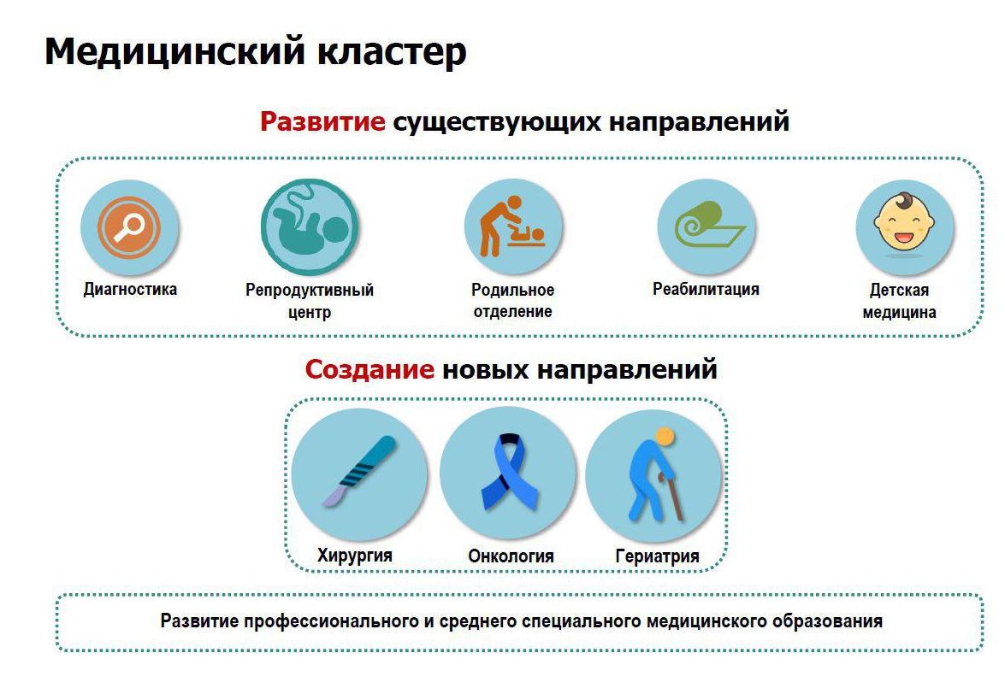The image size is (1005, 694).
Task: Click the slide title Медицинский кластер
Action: click(x=255, y=52)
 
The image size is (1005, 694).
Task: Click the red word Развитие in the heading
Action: click(x=322, y=121)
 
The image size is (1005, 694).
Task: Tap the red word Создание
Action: click(x=369, y=369)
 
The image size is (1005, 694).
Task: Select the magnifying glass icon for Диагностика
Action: click(x=129, y=226)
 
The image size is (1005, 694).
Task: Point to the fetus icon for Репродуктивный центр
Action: click(x=310, y=227)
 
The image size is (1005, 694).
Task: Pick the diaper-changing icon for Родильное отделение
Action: click(x=512, y=226)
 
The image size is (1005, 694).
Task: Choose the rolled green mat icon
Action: click(x=707, y=225)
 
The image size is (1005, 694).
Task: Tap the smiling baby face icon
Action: click(x=904, y=221)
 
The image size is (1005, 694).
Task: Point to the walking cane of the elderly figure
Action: click(x=671, y=497)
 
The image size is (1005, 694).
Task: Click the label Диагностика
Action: click(x=130, y=290)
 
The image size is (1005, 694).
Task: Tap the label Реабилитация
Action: click(x=706, y=290)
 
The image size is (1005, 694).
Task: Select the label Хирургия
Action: click(x=354, y=555)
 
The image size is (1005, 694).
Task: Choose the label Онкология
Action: click(x=511, y=556)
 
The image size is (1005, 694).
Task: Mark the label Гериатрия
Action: click(x=657, y=556)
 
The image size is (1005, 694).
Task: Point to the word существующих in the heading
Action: click(x=497, y=121)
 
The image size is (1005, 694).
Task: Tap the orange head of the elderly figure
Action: click(x=665, y=438)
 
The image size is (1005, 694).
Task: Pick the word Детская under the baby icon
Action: click(x=899, y=290)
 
